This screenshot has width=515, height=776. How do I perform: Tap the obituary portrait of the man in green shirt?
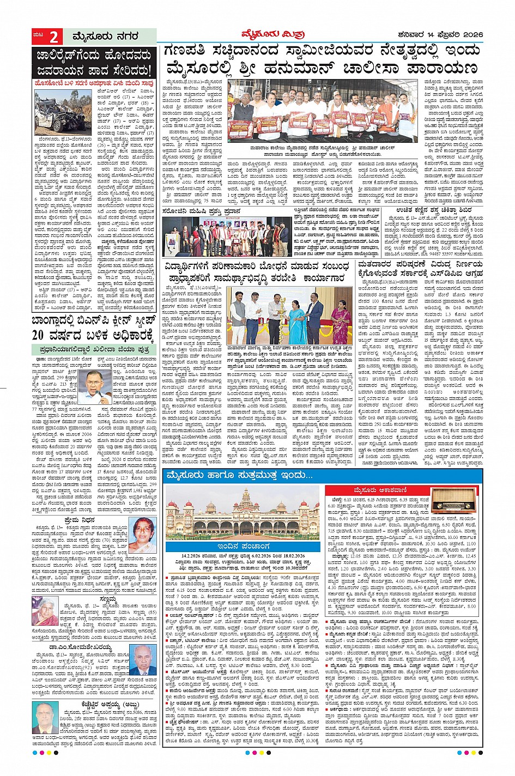(45, 716)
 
